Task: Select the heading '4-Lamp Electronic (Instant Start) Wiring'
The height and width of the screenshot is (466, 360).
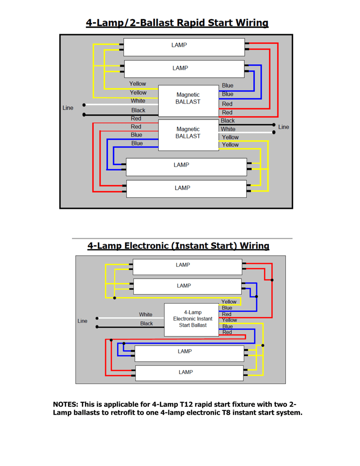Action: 178,246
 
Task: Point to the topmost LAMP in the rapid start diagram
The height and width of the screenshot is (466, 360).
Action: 179,45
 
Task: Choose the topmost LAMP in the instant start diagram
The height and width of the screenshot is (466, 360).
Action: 183,265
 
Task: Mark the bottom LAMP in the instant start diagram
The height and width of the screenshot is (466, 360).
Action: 185,372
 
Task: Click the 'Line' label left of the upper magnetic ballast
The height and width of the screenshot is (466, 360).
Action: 68,108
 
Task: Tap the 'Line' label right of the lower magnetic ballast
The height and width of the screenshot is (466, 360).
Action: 283,127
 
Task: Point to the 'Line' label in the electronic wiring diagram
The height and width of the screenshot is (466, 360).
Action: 82,321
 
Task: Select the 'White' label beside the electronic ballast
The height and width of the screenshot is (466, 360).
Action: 146,314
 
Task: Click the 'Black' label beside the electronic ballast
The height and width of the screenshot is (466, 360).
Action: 146,324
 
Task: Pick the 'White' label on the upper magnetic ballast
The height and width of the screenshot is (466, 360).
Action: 138,101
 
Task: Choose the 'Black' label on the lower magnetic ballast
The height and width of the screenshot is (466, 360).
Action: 228,121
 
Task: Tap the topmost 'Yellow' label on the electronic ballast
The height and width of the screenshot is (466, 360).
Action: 228,302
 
